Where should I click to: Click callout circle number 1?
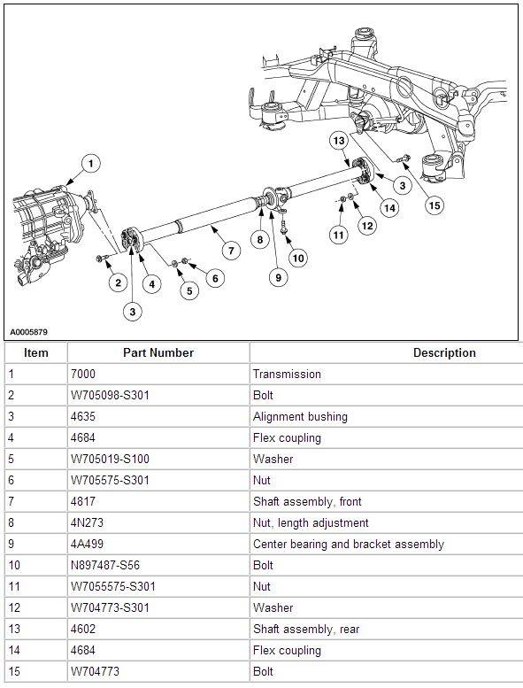point(90,164)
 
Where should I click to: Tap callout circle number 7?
point(231,251)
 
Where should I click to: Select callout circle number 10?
point(298,258)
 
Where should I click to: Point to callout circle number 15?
point(435,205)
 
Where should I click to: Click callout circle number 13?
point(339,141)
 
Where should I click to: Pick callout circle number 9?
point(278,277)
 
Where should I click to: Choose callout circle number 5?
point(189,291)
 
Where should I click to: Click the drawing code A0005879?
point(28,332)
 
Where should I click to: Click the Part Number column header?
point(158,352)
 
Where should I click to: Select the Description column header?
point(444,352)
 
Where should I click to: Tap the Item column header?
point(36,352)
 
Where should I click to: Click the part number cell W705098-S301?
point(110,395)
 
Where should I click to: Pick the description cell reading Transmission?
point(287,375)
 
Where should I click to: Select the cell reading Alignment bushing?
point(300,416)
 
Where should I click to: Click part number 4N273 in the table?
point(87,522)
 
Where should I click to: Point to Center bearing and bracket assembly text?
point(349,544)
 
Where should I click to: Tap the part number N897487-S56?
point(105,565)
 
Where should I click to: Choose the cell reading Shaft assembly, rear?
point(306,630)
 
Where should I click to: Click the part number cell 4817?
point(83,501)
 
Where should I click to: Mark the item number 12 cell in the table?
point(14,607)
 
